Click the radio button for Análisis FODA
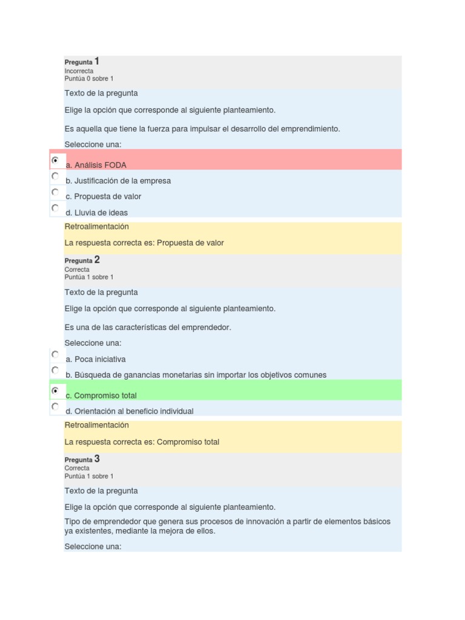click(55, 160)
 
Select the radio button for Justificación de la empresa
click(55, 176)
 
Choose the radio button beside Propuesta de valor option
click(55, 192)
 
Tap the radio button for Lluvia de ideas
click(55, 208)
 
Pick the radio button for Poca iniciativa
click(55, 354)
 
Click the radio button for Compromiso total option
click(55, 391)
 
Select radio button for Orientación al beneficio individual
click(55, 407)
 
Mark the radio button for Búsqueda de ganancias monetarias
click(55, 370)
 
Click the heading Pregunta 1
click(82, 62)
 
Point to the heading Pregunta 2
click(82, 260)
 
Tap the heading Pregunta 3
click(82, 460)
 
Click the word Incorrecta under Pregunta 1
click(79, 71)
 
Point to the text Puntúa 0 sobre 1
click(88, 79)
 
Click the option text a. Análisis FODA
click(96, 165)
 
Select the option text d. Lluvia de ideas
click(96, 213)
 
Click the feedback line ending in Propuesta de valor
click(144, 243)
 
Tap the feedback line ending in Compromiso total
click(142, 442)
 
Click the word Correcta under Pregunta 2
click(77, 269)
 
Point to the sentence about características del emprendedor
click(148, 328)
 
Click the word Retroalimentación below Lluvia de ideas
click(96, 226)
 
